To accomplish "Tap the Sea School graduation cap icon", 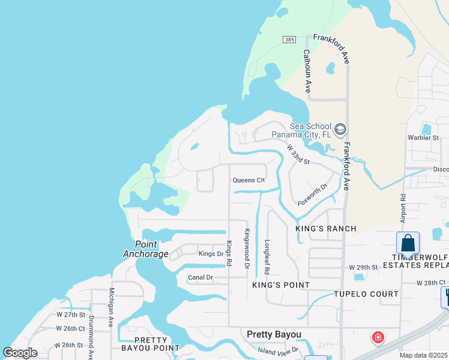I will [340, 130].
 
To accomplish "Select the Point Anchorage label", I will [146, 249].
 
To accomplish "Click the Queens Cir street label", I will [249, 180].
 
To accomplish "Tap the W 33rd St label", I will [298, 154].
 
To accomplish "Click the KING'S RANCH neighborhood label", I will [326, 229].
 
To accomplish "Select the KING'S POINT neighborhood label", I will [280, 285].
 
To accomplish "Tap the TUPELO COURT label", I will [366, 294].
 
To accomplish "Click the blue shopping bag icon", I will [408, 243].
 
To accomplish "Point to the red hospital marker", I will [378, 338].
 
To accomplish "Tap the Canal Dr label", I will [200, 277].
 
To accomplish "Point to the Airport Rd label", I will [403, 206].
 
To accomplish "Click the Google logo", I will [20, 353].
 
